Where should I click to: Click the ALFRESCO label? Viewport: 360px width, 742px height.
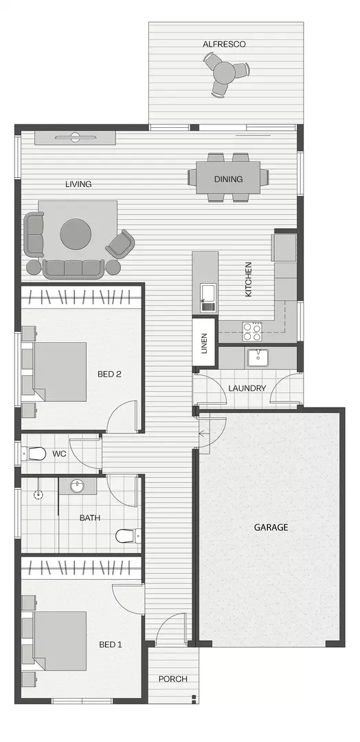pyautogui.click(x=224, y=44)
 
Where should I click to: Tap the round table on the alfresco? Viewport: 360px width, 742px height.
pyautogui.click(x=224, y=71)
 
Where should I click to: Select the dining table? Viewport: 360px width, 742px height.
pyautogui.click(x=228, y=179)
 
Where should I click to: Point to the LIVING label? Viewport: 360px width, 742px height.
pyautogui.click(x=78, y=184)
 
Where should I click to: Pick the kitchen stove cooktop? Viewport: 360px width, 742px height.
pyautogui.click(x=251, y=332)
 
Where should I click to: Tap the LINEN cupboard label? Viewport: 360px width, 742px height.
pyautogui.click(x=204, y=344)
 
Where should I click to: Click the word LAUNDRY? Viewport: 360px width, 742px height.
pyautogui.click(x=247, y=388)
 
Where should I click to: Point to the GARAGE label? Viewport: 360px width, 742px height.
pyautogui.click(x=271, y=528)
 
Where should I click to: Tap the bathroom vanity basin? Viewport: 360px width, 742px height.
pyautogui.click(x=77, y=486)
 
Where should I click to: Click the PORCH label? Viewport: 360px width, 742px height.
pyautogui.click(x=172, y=679)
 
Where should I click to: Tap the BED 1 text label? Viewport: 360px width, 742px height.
pyautogui.click(x=110, y=644)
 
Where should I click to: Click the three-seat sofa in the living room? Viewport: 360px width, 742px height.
pyautogui.click(x=73, y=268)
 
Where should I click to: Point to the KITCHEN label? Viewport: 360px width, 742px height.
pyautogui.click(x=249, y=279)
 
